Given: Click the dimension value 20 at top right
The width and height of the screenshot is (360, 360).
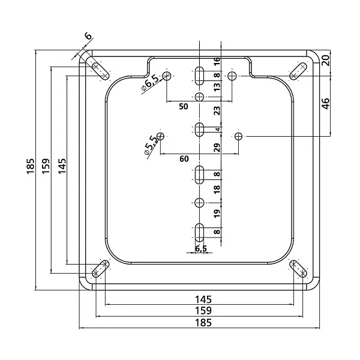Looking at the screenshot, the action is tap(326, 61).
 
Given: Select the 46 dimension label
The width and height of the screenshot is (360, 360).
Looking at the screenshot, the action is tap(326, 104).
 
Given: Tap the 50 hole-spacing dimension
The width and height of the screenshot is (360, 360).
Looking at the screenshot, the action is tap(184, 107).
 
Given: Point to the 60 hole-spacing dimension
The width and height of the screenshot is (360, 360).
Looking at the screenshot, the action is tap(184, 159).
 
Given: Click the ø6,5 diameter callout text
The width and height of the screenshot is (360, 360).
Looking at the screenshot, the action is tap(150, 83).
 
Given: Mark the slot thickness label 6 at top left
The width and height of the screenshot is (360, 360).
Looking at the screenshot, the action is tap(88, 36).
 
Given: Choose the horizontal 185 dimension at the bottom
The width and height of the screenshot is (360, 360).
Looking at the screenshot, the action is tap(203, 323).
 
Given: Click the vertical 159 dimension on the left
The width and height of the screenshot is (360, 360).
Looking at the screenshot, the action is tap(46, 166).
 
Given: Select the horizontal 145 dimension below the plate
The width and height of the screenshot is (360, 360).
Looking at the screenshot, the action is tap(203, 299).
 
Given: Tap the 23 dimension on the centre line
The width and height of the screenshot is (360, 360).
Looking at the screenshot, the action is tap(217, 110).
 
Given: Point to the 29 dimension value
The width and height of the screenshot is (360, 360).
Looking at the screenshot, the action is tap(217, 148).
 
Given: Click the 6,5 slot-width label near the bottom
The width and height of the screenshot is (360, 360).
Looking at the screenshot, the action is tap(201, 248).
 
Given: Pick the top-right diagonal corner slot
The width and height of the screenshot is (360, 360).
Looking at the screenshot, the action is tap(298, 71).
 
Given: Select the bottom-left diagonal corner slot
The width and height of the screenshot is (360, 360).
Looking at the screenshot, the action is tap(100, 269).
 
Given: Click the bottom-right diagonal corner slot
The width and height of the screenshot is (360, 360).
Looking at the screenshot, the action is tap(298, 269).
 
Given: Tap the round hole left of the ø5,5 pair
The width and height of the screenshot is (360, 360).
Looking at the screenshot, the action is tap(161, 136).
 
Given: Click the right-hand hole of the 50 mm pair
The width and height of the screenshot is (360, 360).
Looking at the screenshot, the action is tap(232, 76).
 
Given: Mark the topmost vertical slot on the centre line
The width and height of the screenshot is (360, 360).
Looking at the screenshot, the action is tap(199, 76).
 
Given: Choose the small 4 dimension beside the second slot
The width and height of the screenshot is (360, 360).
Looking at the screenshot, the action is tap(218, 130).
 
